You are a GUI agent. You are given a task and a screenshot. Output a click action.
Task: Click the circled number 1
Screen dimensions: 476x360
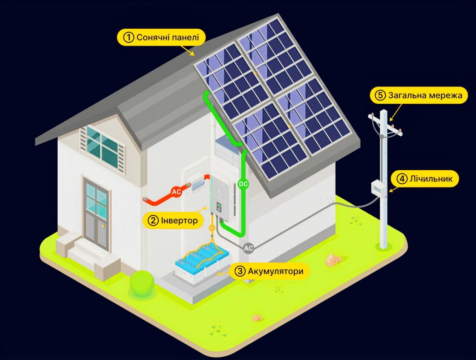(128, 37)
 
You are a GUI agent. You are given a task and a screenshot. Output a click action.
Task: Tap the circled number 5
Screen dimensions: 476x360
(380, 95)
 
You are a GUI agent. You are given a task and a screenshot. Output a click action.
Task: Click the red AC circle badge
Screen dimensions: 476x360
(176, 192)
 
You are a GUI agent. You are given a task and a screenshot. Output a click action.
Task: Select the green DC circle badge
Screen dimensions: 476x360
(243, 184)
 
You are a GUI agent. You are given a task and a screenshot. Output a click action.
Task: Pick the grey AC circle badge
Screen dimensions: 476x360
(249, 248)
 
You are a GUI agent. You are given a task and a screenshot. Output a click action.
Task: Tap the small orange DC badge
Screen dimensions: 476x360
(212, 227)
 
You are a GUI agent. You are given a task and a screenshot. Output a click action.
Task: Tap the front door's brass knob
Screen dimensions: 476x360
(103, 226)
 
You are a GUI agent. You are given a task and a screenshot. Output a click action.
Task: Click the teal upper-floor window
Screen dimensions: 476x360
(102, 147)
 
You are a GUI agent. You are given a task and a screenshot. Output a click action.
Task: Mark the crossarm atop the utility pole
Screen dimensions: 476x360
(385, 125)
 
